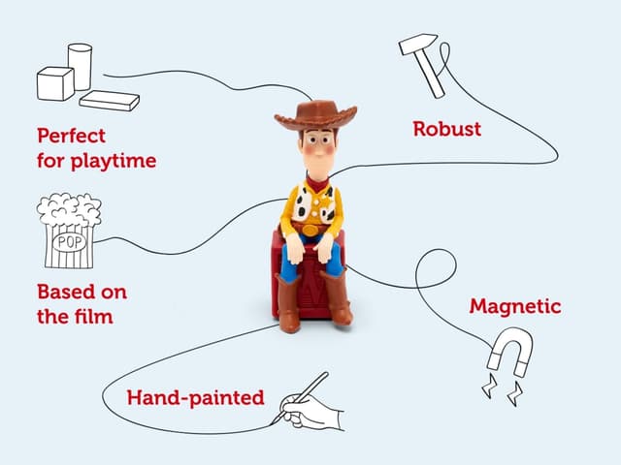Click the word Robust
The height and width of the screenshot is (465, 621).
click(x=446, y=128)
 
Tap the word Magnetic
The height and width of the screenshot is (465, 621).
click(x=515, y=306)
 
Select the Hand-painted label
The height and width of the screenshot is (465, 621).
click(x=195, y=397)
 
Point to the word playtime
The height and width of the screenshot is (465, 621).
click(x=113, y=160)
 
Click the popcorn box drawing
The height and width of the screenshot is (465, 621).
click(x=68, y=233)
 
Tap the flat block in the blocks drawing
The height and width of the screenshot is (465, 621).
click(x=109, y=100)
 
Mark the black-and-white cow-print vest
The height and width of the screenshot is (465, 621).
click(x=316, y=205)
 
